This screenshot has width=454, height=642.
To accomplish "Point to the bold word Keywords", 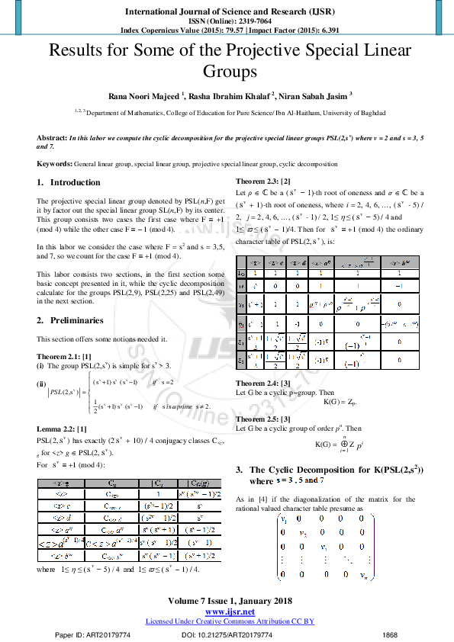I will [54, 164].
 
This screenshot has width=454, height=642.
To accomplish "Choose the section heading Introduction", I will [75, 183].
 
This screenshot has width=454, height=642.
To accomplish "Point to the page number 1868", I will [390, 634].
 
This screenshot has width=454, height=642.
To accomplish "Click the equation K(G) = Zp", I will [340, 401].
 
